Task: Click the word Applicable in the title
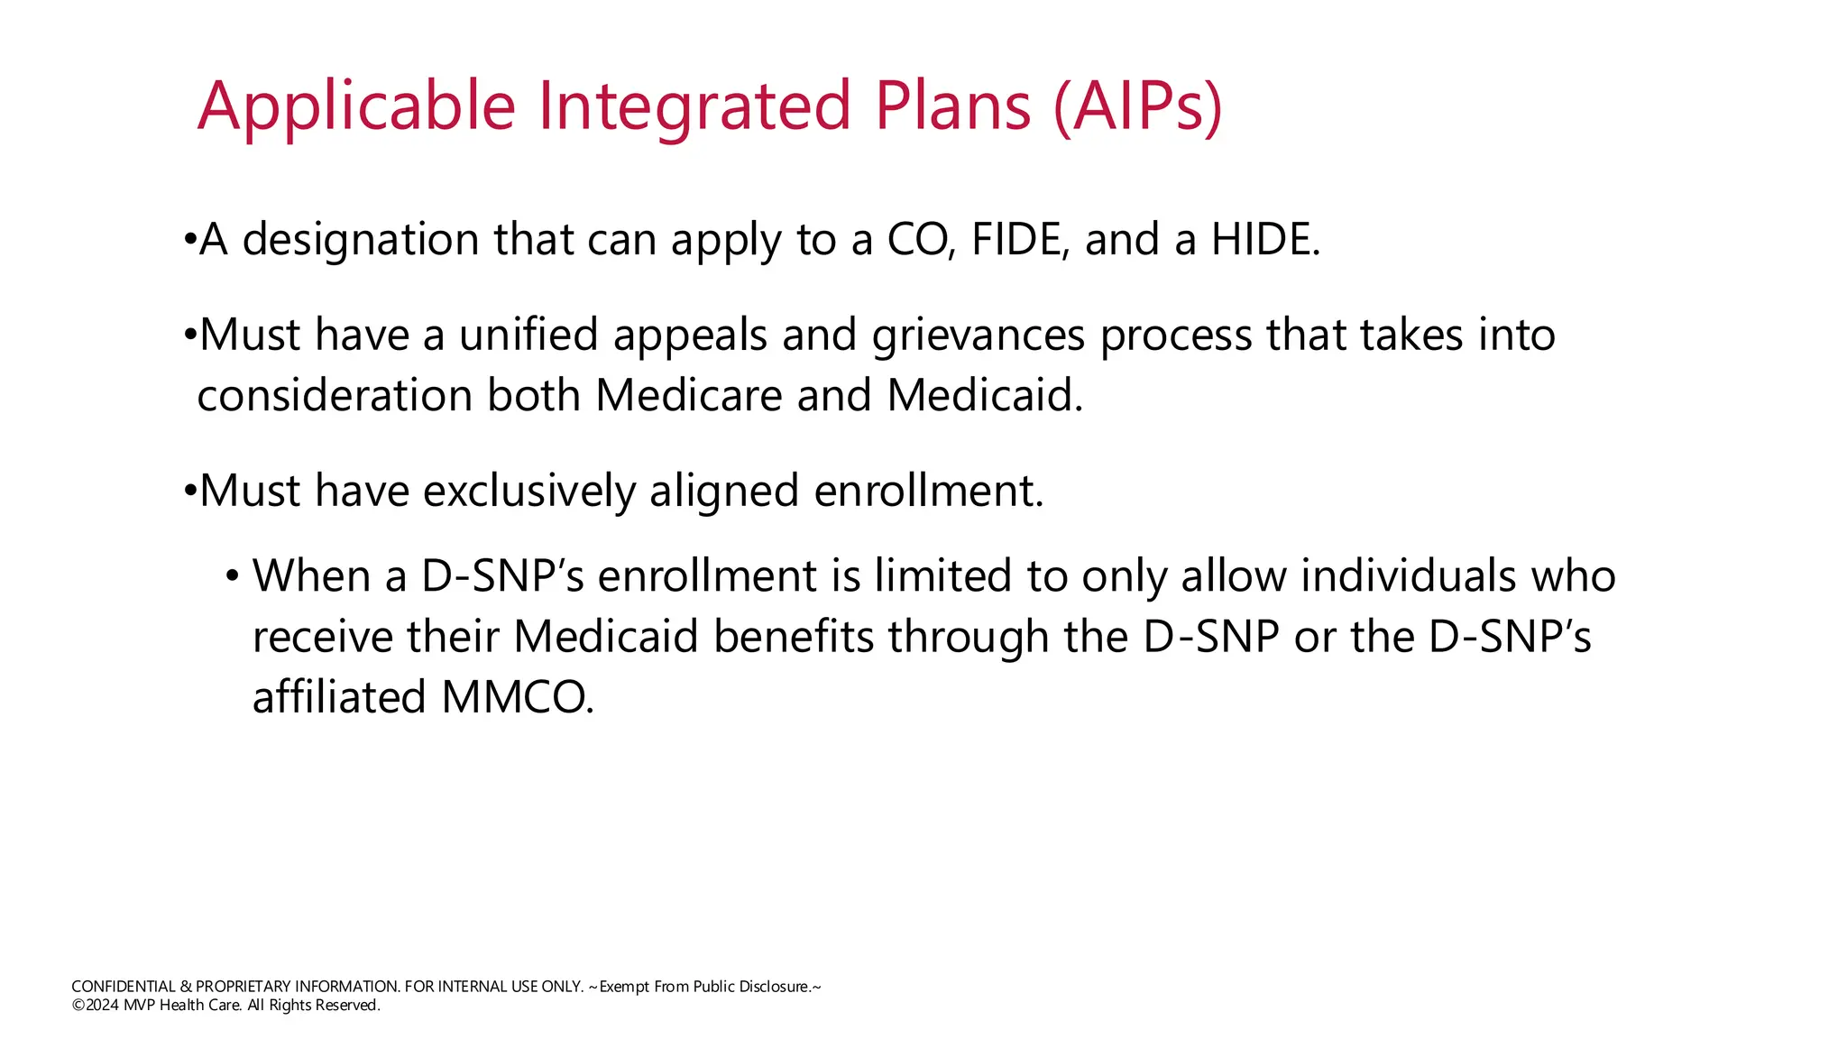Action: [356, 106]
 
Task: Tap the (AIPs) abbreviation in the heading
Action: [1137, 106]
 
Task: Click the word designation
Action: [361, 240]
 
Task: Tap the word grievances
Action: [978, 336]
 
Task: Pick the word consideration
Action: [335, 396]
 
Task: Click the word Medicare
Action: [688, 396]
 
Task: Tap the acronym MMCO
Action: [517, 697]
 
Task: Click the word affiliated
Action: [339, 697]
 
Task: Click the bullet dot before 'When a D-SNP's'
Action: [232, 575]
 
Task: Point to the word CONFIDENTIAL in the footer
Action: [124, 987]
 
